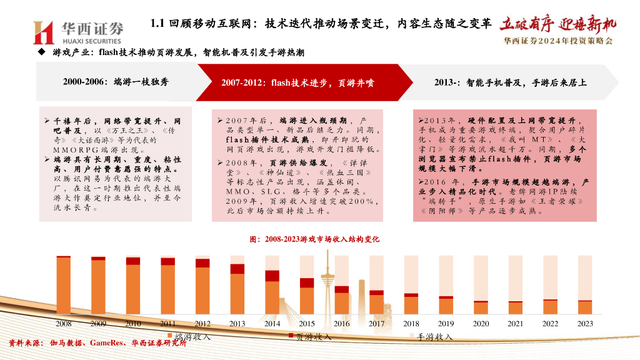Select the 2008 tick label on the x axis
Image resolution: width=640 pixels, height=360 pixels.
click(64, 323)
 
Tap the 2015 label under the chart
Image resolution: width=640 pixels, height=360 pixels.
click(307, 323)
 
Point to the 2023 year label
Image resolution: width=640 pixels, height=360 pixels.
click(585, 323)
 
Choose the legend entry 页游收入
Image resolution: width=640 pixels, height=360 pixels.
click(313, 337)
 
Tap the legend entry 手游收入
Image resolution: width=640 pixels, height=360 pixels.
click(434, 337)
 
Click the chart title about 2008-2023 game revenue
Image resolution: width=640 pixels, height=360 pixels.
click(314, 239)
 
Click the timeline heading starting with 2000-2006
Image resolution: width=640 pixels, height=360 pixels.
click(116, 82)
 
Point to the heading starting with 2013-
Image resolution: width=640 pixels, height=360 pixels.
click(510, 82)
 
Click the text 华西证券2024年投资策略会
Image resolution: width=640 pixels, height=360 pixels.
click(558, 41)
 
